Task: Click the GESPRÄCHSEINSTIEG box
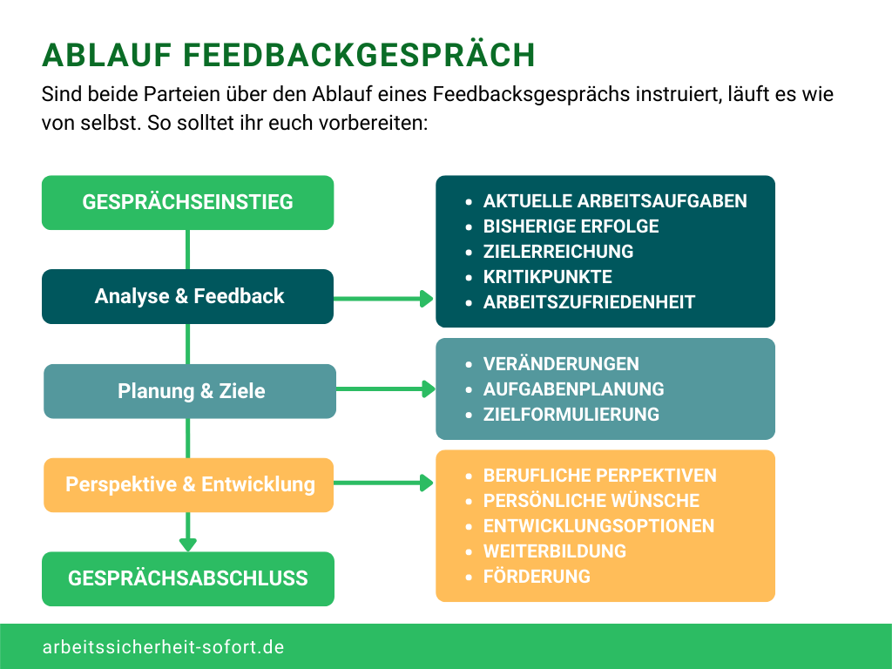[x=187, y=203]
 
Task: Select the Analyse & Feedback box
[x=187, y=296]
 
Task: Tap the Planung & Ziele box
[x=190, y=391]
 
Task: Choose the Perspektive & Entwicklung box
[x=189, y=484]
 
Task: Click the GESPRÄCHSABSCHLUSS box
[x=187, y=578]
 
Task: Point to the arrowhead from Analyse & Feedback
[x=427, y=299]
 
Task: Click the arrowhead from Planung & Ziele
[x=427, y=389]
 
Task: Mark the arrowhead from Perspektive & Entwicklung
[x=427, y=483]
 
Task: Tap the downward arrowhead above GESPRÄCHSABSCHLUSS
[x=187, y=544]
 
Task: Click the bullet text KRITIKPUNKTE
[x=547, y=277]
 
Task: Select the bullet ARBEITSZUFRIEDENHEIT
[x=589, y=302]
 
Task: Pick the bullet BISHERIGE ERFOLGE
[x=571, y=226]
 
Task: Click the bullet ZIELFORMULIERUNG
[x=571, y=414]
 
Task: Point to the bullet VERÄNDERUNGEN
[x=561, y=363]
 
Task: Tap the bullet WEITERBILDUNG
[x=554, y=551]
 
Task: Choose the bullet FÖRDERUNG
[x=537, y=576]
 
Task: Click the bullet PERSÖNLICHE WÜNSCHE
[x=591, y=500]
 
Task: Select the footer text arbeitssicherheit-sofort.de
[x=163, y=647]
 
